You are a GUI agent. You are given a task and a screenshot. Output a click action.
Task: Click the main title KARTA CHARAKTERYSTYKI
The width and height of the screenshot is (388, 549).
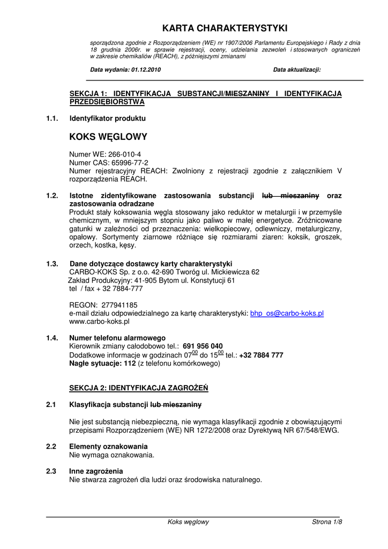225,28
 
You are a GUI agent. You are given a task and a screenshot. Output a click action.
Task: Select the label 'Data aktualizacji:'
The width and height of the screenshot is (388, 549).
296,70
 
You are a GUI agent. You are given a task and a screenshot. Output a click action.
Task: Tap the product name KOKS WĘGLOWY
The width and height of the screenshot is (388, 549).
108,137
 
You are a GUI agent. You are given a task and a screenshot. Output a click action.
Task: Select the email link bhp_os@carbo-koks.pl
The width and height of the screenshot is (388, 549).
287,314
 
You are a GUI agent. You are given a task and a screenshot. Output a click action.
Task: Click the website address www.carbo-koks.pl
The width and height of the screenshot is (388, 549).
99,322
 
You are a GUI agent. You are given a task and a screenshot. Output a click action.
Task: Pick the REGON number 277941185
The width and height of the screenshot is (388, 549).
120,305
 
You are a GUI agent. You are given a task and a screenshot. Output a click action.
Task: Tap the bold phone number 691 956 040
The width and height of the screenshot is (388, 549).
203,346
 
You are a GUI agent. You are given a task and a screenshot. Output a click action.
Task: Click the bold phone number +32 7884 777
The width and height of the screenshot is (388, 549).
261,355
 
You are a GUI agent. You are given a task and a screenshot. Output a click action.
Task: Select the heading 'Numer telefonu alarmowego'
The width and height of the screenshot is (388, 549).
117,338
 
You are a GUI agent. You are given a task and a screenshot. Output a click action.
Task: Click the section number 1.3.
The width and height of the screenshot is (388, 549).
52,264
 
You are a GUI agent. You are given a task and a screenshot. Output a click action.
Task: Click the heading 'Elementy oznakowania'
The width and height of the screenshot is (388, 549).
108,446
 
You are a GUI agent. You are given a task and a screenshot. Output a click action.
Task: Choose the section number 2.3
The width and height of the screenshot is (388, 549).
51,471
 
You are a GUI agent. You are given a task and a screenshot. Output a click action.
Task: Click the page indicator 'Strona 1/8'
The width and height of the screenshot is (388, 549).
326,522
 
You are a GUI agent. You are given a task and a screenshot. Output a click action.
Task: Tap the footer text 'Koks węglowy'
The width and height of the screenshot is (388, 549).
188,522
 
